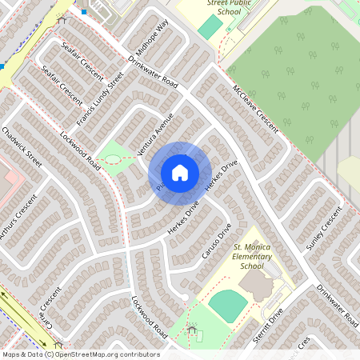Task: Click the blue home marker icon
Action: (x=180, y=173)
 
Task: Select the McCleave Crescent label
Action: (x=255, y=110)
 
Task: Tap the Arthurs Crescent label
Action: (x=18, y=217)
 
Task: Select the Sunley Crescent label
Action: (x=323, y=227)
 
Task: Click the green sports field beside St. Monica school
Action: (x=227, y=305)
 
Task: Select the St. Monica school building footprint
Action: (x=257, y=285)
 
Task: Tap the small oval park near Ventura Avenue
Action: (x=117, y=155)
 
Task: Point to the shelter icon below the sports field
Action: (x=191, y=329)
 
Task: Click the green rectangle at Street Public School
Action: (x=210, y=27)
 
